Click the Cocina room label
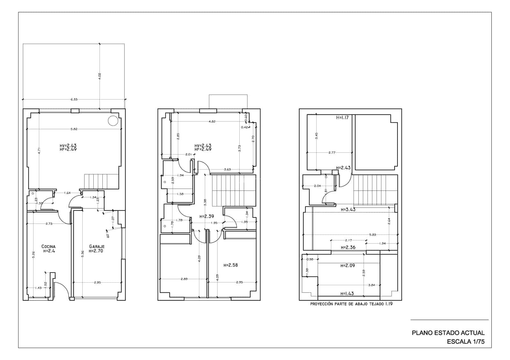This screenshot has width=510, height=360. pos(48,246)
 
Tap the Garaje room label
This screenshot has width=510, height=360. pos(97,246)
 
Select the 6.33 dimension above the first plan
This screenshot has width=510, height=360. pos(74,99)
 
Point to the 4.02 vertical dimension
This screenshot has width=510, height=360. pos(99,76)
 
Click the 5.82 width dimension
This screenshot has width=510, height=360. pos(74,129)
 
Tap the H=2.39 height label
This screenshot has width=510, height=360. pos(207,216)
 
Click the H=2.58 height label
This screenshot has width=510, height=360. pos(230,265)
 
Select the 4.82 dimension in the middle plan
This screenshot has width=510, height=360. pos(212,121)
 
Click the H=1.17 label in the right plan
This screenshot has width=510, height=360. pos(342,118)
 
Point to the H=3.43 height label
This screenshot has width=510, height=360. pos(348,210)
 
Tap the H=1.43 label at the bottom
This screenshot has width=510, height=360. pos(347,294)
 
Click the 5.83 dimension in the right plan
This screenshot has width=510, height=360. pos(373,235)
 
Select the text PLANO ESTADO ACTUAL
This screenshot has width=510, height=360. pos(448,333)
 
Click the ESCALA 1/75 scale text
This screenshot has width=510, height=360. pos(466,342)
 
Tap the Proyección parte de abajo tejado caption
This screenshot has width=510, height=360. pos(351,304)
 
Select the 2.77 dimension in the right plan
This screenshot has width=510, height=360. pos(331,153)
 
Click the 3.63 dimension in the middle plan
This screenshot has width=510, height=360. pos(227,169)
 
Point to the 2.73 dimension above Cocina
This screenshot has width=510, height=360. pos(49,224)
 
